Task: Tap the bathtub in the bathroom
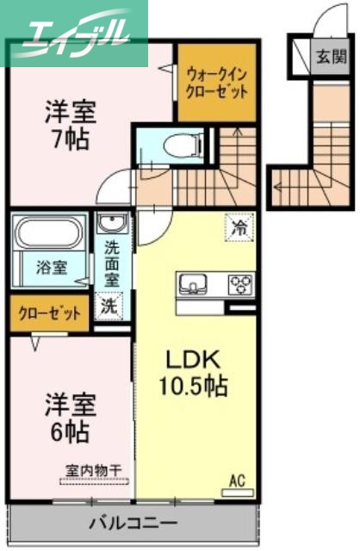(48, 233)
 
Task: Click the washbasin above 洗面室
(112, 225)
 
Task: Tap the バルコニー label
(133, 523)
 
